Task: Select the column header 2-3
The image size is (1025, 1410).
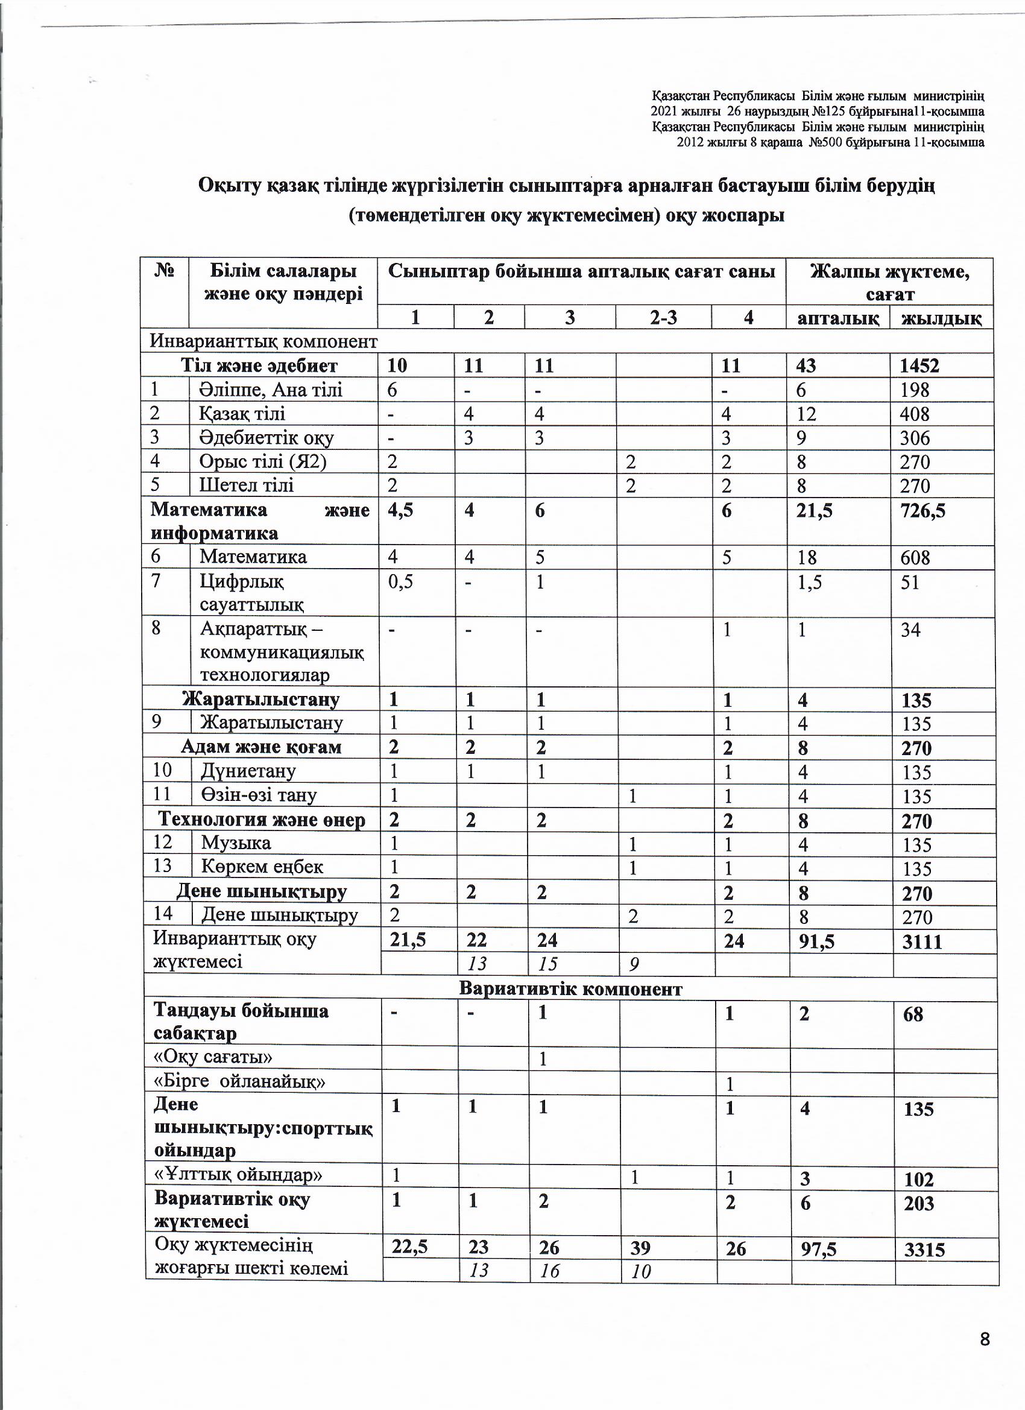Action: pyautogui.click(x=663, y=318)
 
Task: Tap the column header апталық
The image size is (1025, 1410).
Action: pyautogui.click(x=837, y=318)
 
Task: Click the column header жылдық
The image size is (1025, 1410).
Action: pyautogui.click(x=941, y=318)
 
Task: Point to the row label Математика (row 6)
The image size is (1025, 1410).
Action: pyautogui.click(x=253, y=557)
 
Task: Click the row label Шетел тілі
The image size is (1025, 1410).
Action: pyautogui.click(x=246, y=485)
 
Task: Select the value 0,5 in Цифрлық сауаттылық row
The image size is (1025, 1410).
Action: pyautogui.click(x=401, y=582)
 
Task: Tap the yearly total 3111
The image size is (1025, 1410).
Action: pyautogui.click(x=922, y=942)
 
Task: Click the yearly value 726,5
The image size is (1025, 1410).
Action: pyautogui.click(x=922, y=510)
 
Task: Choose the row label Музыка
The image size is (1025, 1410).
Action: pyautogui.click(x=236, y=843)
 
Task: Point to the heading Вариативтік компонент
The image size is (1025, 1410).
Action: pyautogui.click(x=570, y=989)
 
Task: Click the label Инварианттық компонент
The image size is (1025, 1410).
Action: pyautogui.click(x=263, y=341)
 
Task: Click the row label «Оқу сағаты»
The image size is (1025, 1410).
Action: pyautogui.click(x=213, y=1057)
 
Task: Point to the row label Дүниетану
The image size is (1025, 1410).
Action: pyautogui.click(x=247, y=771)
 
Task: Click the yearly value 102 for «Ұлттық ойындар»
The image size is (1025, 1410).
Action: pyautogui.click(x=919, y=1179)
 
